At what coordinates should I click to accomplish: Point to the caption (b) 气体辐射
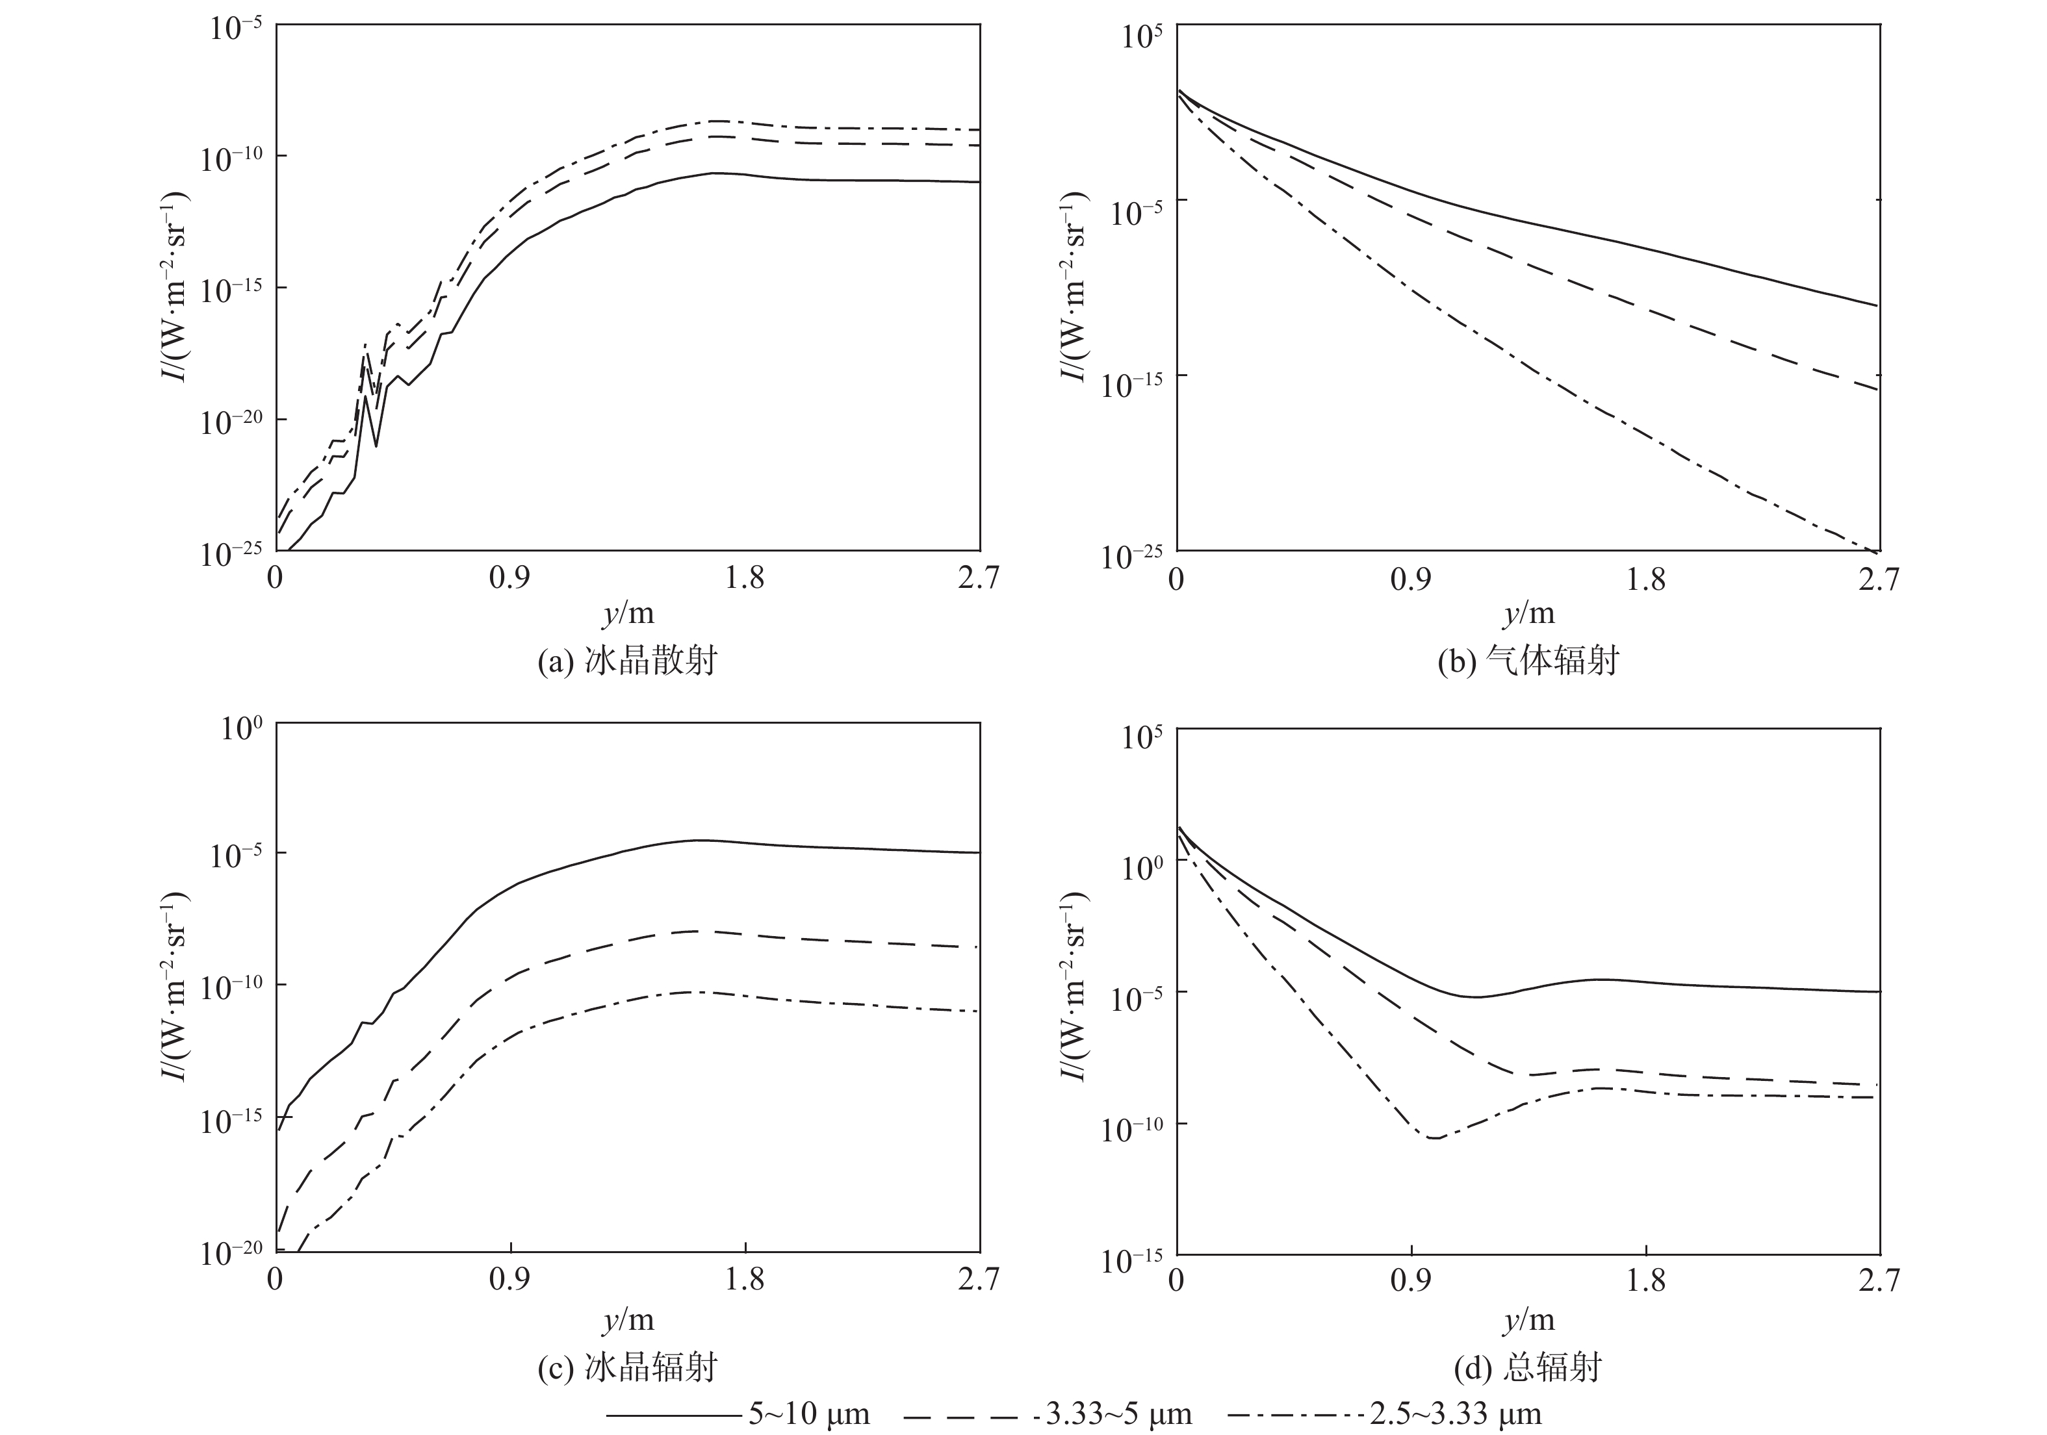tap(1528, 661)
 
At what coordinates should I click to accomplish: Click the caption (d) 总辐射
tap(1528, 1366)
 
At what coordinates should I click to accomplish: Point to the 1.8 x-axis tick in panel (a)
tap(745, 579)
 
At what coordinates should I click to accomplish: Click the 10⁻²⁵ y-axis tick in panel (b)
tap(1131, 556)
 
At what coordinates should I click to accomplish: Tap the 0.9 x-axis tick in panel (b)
tap(1410, 579)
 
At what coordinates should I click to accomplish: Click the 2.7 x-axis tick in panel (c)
tap(978, 1280)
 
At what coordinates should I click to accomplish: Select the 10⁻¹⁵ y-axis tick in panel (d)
tap(1131, 1260)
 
